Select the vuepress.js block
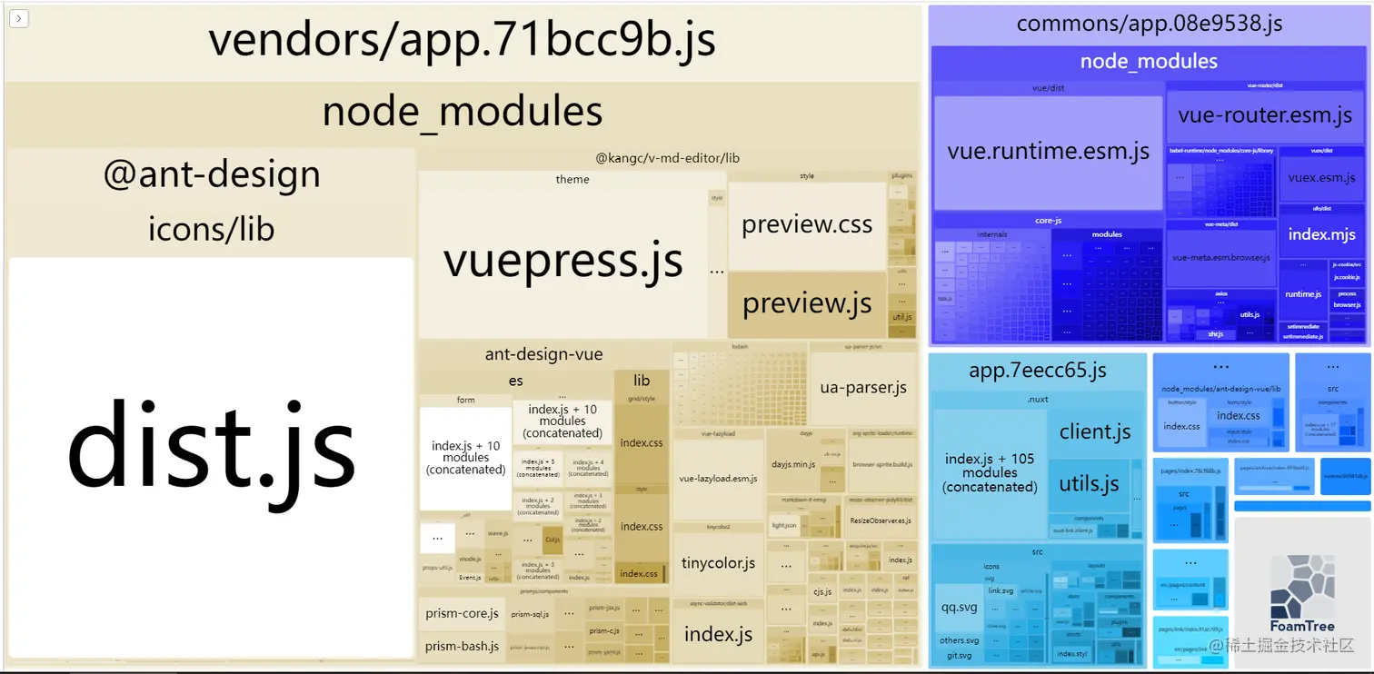[x=563, y=260]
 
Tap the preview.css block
[x=807, y=225]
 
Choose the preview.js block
[x=807, y=304]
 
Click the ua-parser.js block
[x=862, y=388]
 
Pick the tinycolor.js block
[x=718, y=563]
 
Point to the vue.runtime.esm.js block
[x=1048, y=152]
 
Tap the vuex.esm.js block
[x=1321, y=178]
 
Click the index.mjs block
[x=1321, y=235]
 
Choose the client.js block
[x=1095, y=432]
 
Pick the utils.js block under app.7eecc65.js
[x=1089, y=484]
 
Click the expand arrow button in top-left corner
[x=19, y=18]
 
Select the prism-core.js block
[x=462, y=613]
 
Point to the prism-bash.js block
[x=462, y=646]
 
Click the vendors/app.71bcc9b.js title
[x=462, y=40]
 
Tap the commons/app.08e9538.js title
[x=1149, y=24]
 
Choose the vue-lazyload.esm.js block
[x=718, y=478]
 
